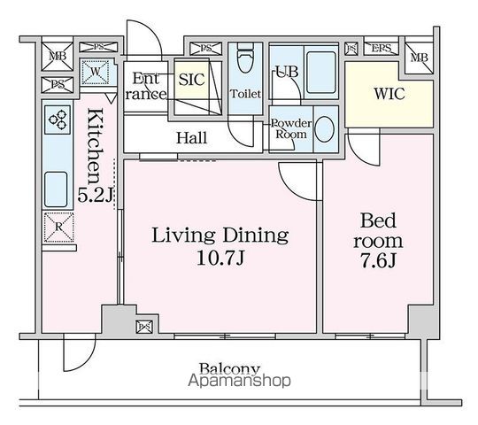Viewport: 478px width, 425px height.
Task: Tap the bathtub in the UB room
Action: tap(321, 73)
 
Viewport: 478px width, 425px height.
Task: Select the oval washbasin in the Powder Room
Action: tap(324, 129)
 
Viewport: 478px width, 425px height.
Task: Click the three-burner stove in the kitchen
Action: tap(58, 120)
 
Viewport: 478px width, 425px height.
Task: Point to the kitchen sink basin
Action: tap(56, 189)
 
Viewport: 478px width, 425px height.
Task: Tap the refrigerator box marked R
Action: tap(58, 228)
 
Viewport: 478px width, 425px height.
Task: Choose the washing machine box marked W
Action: tap(95, 73)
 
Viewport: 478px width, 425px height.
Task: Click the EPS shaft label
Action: tap(382, 48)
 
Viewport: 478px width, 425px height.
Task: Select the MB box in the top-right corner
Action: tap(420, 58)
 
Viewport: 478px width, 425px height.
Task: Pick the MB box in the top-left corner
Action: tap(58, 57)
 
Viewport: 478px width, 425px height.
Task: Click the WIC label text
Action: tap(389, 94)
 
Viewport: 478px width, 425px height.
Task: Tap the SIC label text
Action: tap(191, 80)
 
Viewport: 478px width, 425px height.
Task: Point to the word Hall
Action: tap(192, 138)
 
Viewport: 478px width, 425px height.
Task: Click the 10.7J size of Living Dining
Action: tap(220, 259)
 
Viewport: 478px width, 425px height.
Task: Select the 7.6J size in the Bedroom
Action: tap(378, 260)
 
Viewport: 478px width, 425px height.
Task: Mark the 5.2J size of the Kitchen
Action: tap(96, 195)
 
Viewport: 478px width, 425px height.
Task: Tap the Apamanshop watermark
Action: tap(239, 381)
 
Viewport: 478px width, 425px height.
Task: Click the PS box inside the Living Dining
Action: tap(144, 327)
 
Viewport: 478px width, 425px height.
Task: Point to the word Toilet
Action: tap(245, 94)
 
